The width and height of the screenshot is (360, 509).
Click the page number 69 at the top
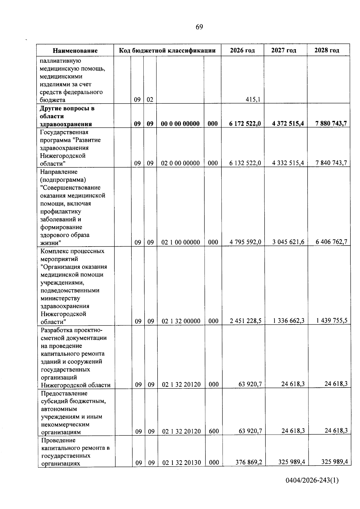(x=199, y=27)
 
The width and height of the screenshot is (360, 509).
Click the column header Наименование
(x=75, y=51)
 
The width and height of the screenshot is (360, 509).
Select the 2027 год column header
(x=283, y=50)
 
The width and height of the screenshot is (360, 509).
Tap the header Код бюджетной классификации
(x=167, y=50)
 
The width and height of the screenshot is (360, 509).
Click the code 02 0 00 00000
(x=180, y=163)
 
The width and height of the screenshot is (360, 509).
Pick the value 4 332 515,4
(x=288, y=163)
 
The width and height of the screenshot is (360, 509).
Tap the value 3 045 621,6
(x=288, y=242)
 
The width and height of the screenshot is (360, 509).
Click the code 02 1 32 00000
(x=181, y=321)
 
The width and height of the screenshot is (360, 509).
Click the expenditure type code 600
(x=214, y=431)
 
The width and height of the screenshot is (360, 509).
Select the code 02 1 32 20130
(x=181, y=463)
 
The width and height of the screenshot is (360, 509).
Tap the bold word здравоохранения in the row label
(x=66, y=124)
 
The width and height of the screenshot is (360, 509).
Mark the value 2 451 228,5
(x=245, y=321)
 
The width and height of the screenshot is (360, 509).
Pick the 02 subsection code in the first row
(x=150, y=100)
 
